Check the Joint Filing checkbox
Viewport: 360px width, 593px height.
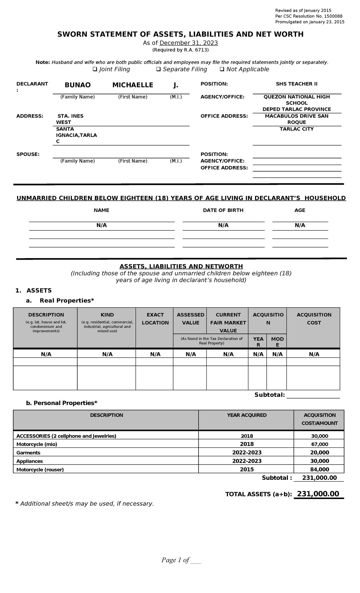[95, 69]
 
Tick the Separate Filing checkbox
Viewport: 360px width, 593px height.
[158, 69]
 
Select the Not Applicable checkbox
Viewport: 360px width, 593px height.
[222, 69]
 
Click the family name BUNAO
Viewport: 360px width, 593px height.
[77, 85]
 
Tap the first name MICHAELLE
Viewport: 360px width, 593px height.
[133, 85]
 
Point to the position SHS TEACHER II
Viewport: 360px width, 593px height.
[296, 84]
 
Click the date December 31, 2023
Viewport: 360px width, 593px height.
[188, 43]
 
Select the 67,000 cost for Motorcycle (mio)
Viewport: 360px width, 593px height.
[319, 444]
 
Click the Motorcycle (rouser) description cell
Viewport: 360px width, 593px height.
[40, 469]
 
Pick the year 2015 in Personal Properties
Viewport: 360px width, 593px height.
[247, 469]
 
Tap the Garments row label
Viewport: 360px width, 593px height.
[28, 453]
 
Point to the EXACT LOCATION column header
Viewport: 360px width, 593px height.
[155, 319]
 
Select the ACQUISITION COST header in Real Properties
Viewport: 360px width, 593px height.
[314, 319]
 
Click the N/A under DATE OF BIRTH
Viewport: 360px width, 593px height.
[223, 225]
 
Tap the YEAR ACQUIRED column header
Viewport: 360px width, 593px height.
[247, 415]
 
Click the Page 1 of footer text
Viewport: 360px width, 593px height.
[175, 560]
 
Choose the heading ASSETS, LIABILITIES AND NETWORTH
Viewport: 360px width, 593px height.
[181, 266]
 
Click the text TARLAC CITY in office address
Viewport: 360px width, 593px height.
[296, 129]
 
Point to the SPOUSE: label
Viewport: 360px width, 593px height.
[28, 154]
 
